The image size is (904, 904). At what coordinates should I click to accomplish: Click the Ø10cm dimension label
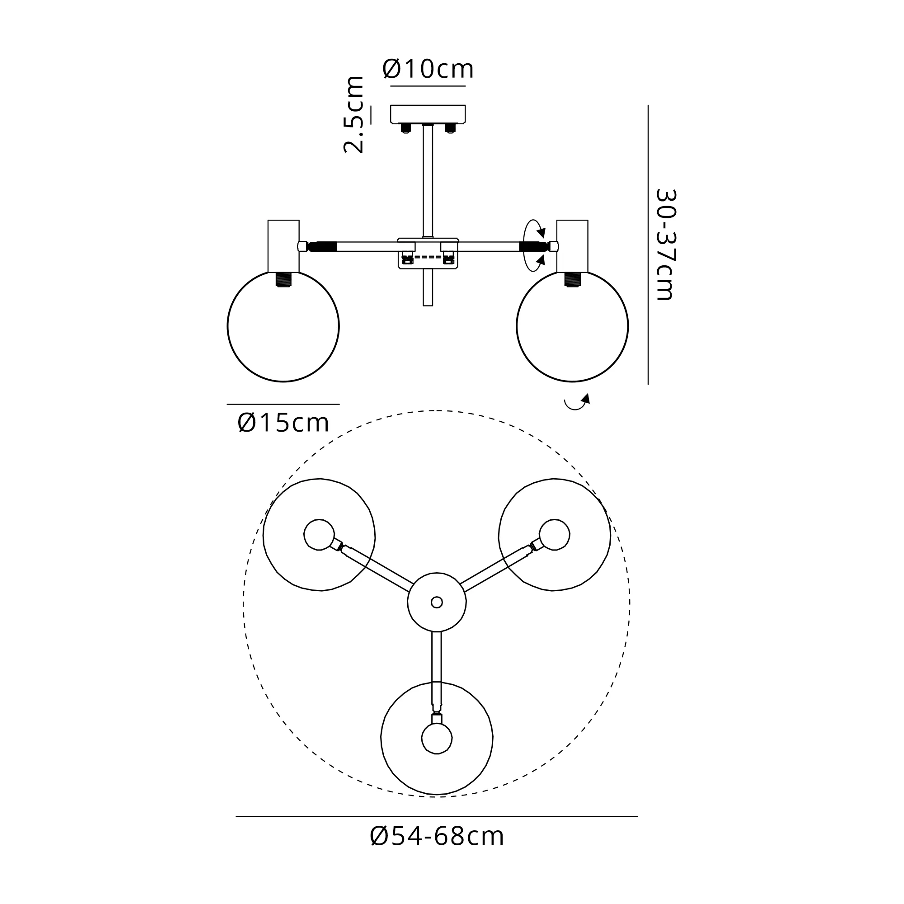coord(428,69)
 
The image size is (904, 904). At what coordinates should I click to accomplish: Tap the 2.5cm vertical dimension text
coord(353,114)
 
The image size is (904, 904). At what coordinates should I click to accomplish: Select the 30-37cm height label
coord(666,244)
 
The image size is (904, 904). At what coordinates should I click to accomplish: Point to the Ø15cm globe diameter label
coord(283,423)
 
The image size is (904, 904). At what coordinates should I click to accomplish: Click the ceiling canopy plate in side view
coord(428,114)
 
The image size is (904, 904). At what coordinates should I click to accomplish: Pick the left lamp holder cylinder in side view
coord(283,245)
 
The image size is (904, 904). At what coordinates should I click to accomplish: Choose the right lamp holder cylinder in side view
coord(572,245)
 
